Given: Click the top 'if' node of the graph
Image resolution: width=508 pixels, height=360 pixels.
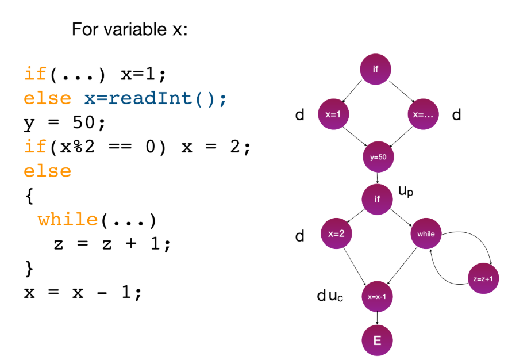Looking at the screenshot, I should click(376, 70).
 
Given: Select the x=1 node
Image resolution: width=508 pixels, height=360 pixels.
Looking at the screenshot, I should click(333, 114).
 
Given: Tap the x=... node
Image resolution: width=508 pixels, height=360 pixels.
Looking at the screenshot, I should click(422, 114).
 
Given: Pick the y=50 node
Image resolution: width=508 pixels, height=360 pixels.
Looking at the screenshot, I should click(378, 156).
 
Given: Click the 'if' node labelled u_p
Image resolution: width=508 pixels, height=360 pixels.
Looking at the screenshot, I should click(377, 200).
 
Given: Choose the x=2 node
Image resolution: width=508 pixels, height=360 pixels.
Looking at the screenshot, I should click(336, 233).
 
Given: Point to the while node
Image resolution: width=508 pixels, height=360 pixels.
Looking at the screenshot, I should click(426, 233).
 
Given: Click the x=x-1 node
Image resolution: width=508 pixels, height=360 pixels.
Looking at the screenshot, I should click(377, 297).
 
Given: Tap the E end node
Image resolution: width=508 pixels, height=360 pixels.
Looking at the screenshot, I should click(377, 340).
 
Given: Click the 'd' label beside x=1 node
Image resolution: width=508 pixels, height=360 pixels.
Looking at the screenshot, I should click(299, 116).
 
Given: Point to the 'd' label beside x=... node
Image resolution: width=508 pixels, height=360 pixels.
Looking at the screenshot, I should click(456, 116).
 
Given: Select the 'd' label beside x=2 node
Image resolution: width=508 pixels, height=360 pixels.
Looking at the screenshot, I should click(299, 236).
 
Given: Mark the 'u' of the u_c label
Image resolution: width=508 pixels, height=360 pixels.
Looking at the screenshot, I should click(333, 297).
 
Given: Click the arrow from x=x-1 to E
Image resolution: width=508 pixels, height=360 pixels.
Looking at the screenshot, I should click(377, 319).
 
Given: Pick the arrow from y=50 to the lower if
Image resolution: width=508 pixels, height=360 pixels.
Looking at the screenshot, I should click(377, 178).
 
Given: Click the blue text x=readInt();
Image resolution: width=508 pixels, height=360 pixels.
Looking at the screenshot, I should click(156, 98).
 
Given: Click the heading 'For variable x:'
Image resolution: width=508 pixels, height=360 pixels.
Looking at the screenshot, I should click(129, 29).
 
